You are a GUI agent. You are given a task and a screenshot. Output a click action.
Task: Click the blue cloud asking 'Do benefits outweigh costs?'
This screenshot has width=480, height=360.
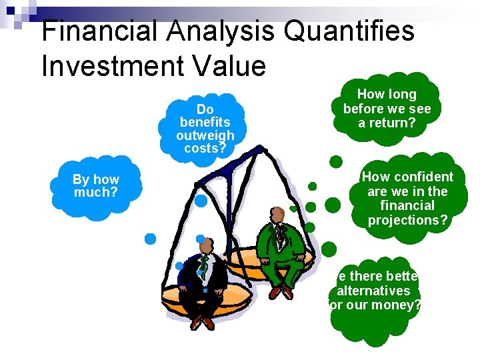coord(205,127)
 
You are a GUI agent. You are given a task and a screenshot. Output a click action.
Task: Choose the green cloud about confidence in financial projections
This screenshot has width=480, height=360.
coord(407,198)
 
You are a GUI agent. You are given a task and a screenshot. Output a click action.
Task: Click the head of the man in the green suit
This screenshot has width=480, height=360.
coord(277,215)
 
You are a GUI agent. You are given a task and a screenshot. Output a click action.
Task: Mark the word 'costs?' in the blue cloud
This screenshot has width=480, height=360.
coord(205,148)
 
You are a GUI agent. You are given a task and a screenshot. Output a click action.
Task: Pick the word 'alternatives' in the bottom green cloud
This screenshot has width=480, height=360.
coord(373,291)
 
